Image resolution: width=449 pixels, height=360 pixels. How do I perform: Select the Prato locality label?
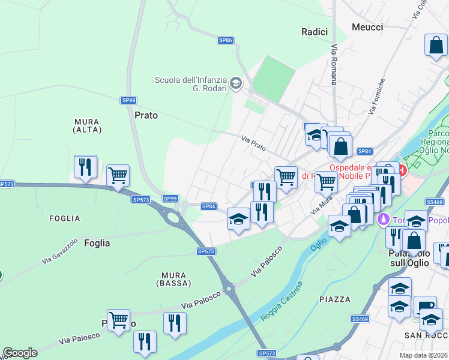pos(146,115)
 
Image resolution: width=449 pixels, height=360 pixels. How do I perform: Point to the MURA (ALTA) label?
pos(86,125)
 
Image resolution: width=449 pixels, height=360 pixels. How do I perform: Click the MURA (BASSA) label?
pos(174,278)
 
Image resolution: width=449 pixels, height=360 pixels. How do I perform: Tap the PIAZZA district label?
pos(335,299)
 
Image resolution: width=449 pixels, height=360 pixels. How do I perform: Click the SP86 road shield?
pos(225,40)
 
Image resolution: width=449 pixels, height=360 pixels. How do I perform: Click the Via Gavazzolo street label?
pos(60,252)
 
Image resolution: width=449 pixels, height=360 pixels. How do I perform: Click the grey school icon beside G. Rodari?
pos(236,83)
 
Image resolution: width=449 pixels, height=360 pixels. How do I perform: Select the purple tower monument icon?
pos(383,220)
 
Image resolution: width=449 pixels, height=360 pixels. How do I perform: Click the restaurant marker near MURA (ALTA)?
pos(86,166)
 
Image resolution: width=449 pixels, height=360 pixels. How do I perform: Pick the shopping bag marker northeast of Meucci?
pos(436,45)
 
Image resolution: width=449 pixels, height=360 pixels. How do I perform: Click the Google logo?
pos(20,353)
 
